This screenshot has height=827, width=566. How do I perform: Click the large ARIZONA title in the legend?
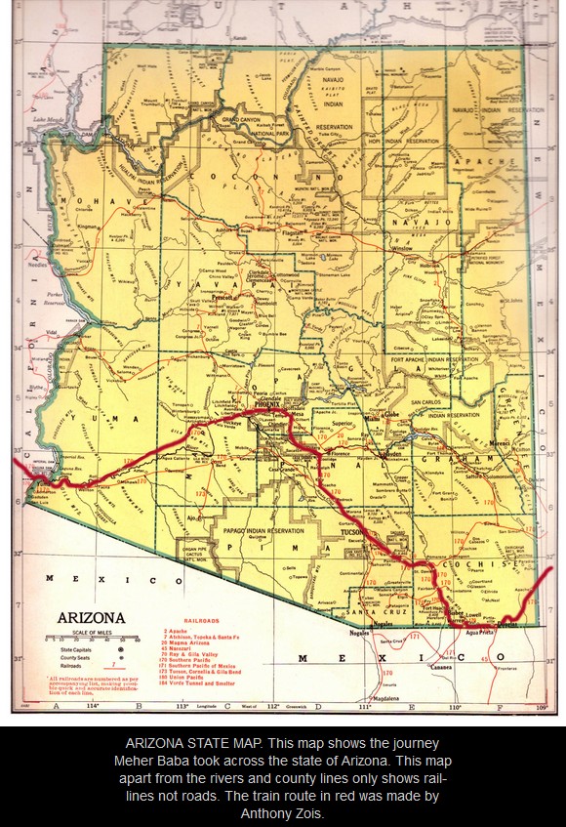pos(91,617)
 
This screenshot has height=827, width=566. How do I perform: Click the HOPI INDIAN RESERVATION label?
pos(405,143)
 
